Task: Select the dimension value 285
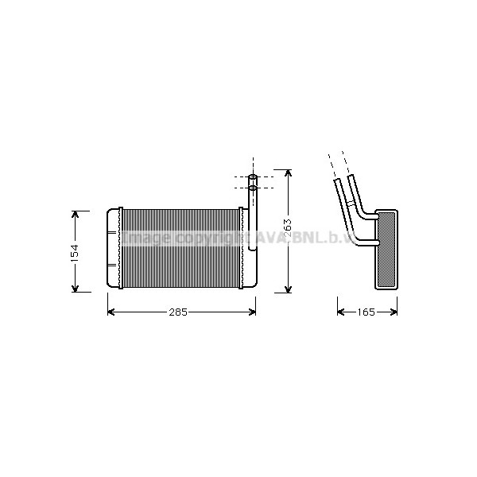click(x=178, y=312)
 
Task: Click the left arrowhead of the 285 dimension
click(x=111, y=312)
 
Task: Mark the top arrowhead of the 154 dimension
click(x=76, y=214)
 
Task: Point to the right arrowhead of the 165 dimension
click(x=394, y=312)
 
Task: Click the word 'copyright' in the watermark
click(x=209, y=238)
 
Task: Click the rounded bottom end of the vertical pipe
click(x=253, y=247)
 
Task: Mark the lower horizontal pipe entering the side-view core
click(x=362, y=239)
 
